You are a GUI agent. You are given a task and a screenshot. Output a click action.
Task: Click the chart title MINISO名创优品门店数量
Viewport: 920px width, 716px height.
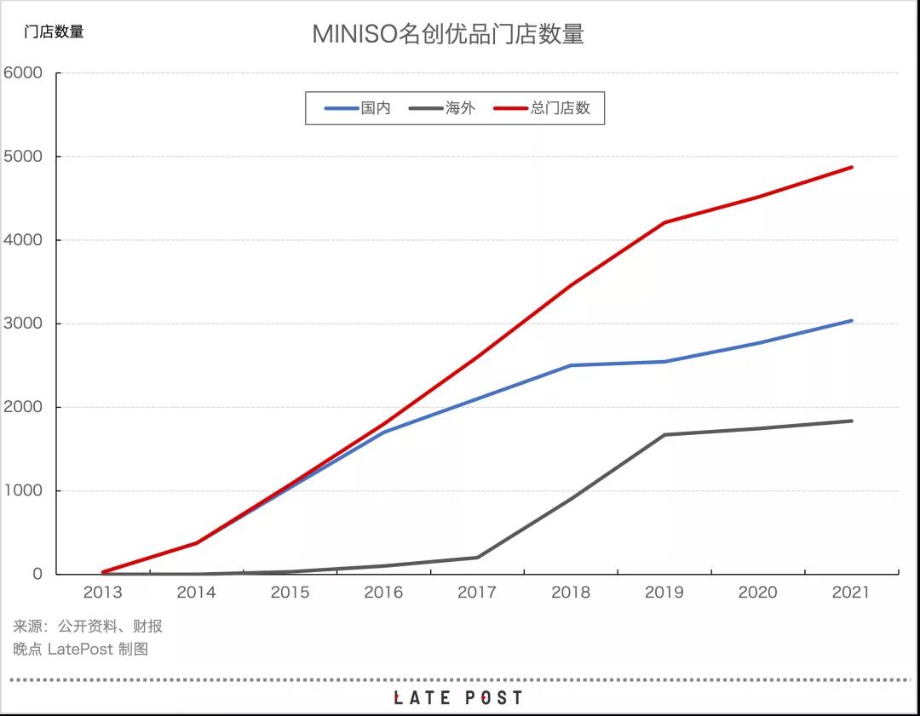click(447, 34)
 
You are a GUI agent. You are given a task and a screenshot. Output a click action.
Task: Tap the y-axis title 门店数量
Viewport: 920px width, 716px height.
click(54, 32)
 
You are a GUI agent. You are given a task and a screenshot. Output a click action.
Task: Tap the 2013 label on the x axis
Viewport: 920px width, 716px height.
click(103, 593)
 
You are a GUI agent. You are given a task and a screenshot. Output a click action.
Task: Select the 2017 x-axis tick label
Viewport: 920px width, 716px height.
click(477, 593)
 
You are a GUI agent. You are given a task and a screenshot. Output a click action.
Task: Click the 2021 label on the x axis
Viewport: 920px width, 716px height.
click(850, 593)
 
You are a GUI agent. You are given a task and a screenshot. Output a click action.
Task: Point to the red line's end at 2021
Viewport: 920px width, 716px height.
click(851, 168)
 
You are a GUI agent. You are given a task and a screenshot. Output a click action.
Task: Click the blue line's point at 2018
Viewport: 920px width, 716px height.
click(571, 365)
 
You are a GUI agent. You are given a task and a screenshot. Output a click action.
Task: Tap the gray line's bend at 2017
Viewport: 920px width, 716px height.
click(477, 558)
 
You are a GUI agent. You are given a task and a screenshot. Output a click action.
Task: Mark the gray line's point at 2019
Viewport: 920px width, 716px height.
click(664, 435)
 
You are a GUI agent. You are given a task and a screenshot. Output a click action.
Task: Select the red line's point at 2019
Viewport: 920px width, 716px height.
click(664, 222)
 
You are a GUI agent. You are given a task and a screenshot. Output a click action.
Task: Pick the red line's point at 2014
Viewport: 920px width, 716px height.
click(197, 542)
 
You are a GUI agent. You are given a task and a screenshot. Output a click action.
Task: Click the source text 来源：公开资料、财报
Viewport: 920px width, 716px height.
click(88, 627)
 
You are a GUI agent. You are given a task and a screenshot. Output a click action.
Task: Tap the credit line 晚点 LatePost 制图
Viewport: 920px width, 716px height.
click(81, 649)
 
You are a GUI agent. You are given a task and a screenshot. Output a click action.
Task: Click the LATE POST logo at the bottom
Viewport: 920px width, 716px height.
click(458, 698)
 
